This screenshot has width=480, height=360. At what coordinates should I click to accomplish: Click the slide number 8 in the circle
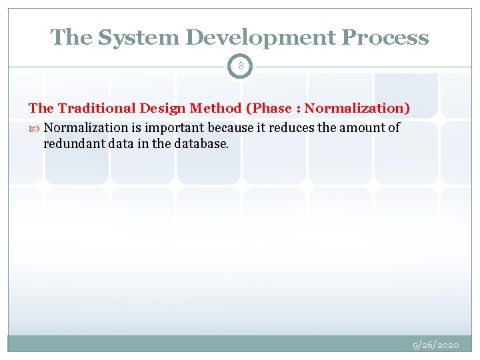tap(240, 67)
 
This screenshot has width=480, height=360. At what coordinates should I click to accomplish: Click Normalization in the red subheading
tap(356, 108)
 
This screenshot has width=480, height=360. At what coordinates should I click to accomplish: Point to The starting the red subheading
tap(41, 108)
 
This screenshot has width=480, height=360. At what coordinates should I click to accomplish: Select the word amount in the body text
tap(362, 127)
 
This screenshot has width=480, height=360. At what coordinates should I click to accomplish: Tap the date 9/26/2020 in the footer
tap(435, 345)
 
